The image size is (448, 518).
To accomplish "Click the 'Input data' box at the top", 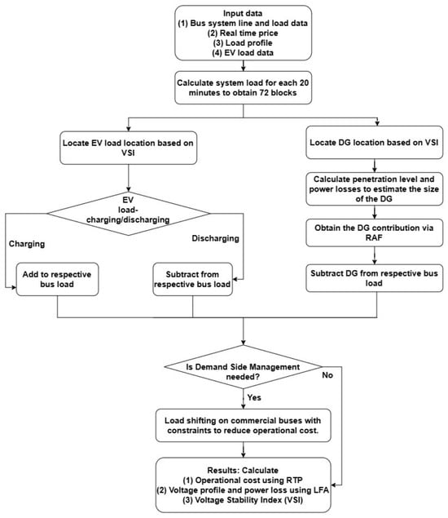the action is [243, 33].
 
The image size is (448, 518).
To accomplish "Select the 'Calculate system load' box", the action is [243, 87].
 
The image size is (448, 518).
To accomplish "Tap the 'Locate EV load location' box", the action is [129, 148].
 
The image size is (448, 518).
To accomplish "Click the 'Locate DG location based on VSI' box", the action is [375, 143].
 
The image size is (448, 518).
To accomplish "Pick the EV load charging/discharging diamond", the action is [129, 214].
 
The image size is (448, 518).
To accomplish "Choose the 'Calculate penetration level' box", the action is [375, 189].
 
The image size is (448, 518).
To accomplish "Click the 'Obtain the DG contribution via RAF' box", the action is [375, 232].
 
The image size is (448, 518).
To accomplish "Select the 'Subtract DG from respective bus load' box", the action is [375, 278].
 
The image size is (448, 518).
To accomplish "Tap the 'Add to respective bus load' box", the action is [57, 279].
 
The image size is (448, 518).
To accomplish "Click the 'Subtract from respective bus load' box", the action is [193, 279].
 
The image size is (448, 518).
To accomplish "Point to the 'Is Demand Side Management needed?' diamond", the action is [243, 367].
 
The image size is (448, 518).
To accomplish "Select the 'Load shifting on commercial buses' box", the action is [243, 426].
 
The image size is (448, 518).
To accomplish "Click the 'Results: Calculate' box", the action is [243, 485].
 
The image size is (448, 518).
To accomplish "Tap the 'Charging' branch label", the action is [27, 244].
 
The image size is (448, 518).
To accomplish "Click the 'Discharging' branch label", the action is [215, 238].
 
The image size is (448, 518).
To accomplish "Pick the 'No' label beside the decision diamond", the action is [327, 375].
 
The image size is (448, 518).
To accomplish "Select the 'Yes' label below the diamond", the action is [254, 397].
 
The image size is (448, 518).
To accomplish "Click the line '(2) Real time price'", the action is [243, 33].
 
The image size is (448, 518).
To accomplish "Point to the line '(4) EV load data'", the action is [243, 53].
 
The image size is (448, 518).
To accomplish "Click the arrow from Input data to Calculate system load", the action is [243, 66].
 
